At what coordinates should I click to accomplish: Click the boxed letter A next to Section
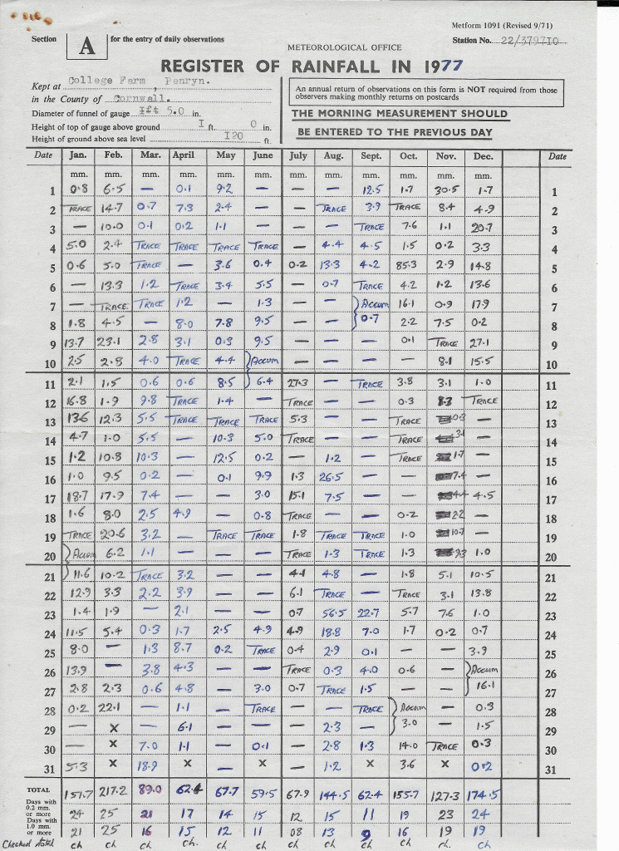coord(87,47)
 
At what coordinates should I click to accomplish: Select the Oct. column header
coord(408,156)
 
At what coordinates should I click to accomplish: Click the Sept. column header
coord(371,156)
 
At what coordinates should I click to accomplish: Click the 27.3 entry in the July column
coord(297,383)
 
